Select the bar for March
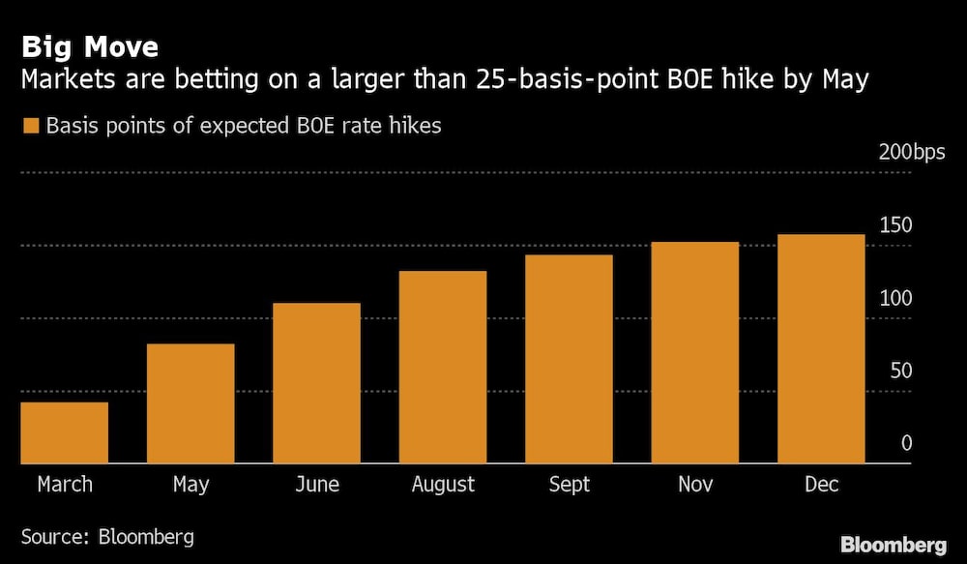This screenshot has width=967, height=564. click(x=64, y=432)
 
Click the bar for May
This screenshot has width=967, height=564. click(x=190, y=403)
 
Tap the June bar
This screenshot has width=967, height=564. click(x=316, y=383)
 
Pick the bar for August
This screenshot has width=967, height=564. click(x=443, y=367)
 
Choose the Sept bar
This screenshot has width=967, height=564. click(x=569, y=359)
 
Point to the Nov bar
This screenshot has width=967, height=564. click(x=694, y=352)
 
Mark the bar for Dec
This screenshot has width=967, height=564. click(x=821, y=348)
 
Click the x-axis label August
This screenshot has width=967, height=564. click(x=443, y=484)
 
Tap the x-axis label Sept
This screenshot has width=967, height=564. click(x=569, y=484)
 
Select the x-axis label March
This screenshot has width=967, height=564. click(x=65, y=484)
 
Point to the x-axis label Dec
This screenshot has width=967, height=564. click(x=821, y=484)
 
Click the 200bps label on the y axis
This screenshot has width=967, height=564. click(x=913, y=152)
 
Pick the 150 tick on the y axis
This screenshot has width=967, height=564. click(x=895, y=225)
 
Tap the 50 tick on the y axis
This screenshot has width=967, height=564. click(x=901, y=371)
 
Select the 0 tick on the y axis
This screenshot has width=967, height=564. click(x=907, y=444)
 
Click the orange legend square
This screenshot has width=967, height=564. click(x=30, y=127)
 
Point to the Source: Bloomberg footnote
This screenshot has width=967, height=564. click(x=107, y=536)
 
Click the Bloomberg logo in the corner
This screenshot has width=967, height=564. click(x=894, y=545)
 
